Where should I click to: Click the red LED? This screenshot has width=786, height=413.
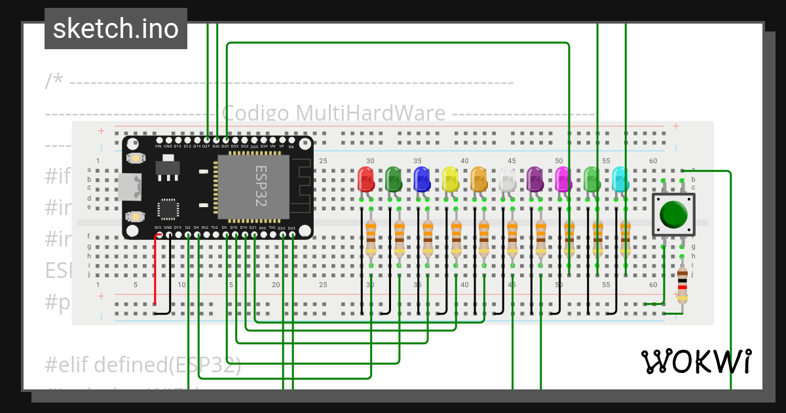coord(365,178)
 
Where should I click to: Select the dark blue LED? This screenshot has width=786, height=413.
coord(422,178)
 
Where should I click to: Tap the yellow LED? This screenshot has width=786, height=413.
coord(450,178)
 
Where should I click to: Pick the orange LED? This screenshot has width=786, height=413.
coord(479,178)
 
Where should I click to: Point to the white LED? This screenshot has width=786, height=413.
coord(507,178)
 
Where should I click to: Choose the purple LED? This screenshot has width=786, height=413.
coord(535,178)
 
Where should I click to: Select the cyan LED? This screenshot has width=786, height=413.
coord(620,178)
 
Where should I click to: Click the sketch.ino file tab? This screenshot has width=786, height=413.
coord(116,29)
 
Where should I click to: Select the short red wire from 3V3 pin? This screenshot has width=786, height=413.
coord(155,269)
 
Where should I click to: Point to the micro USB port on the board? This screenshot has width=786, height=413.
coord(129,187)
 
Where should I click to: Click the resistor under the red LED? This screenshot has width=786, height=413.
coord(371,237)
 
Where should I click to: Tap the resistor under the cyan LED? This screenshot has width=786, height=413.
coord(626,237)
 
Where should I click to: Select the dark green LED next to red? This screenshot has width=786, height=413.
coord(394,178)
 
